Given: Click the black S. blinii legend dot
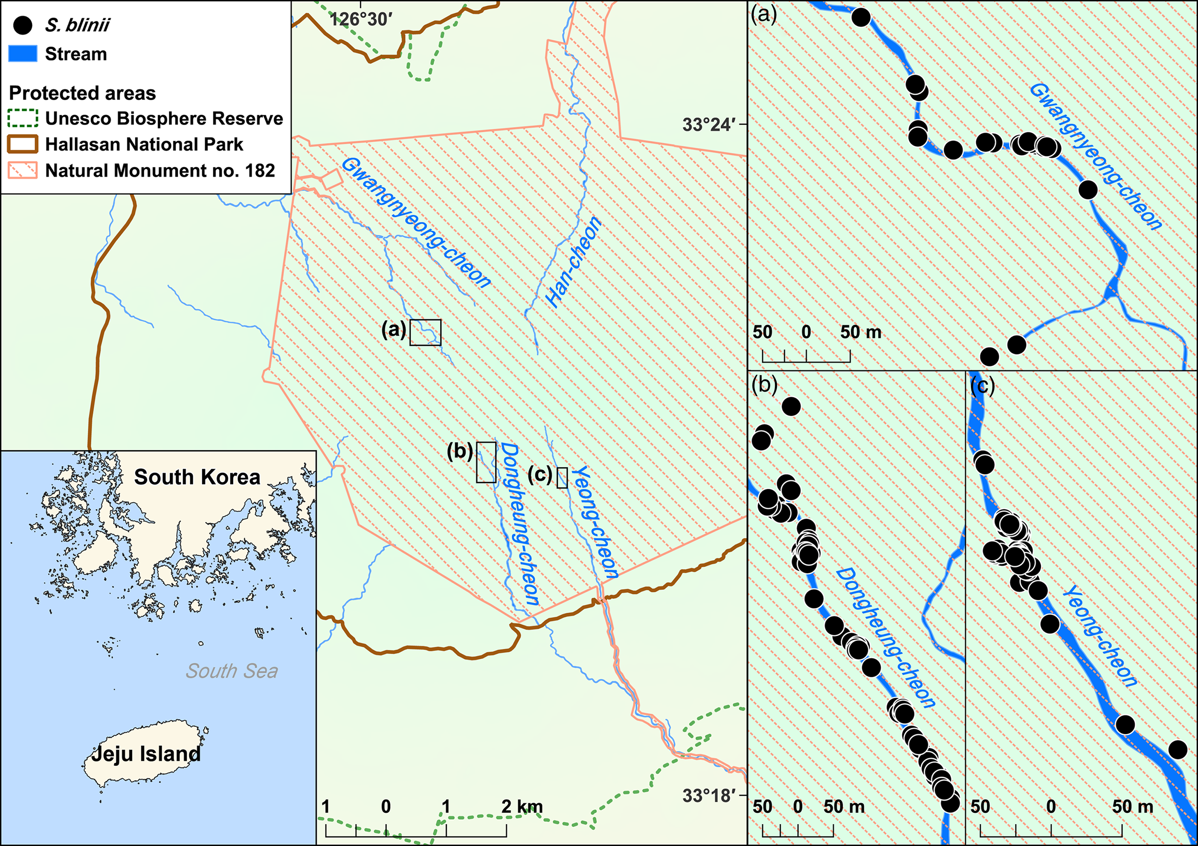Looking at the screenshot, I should [22, 25].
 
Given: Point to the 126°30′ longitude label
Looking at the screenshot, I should [361, 19].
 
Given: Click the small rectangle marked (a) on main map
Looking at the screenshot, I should [425, 333].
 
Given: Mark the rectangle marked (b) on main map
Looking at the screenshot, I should [486, 462].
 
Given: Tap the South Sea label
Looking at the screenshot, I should [231, 671].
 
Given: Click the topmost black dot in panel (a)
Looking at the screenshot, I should [861, 17].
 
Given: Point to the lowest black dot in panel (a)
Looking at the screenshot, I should [989, 357].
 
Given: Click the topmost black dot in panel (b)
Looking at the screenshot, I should [791, 406].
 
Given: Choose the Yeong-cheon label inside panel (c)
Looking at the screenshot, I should [1099, 636].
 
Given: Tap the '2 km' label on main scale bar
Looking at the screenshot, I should [522, 806].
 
